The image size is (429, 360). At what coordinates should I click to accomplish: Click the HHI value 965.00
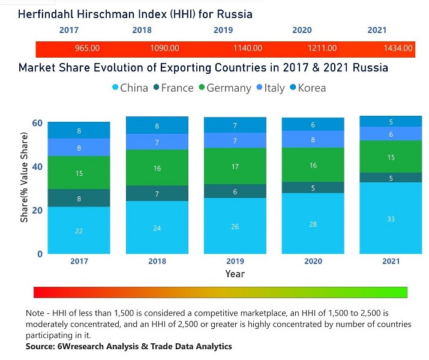click(x=87, y=49)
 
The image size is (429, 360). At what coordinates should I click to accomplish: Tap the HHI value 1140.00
click(x=248, y=49)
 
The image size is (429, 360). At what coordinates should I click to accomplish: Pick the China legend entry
click(x=130, y=88)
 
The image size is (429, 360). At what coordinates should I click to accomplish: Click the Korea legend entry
click(x=307, y=88)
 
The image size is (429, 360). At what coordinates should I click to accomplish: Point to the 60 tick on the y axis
click(x=37, y=123)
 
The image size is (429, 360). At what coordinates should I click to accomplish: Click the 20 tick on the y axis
click(x=37, y=210)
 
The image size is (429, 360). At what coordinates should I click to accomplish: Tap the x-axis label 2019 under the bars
click(x=235, y=262)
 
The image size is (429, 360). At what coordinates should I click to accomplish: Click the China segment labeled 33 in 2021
click(x=391, y=219)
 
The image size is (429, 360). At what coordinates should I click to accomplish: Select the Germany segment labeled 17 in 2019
click(x=235, y=166)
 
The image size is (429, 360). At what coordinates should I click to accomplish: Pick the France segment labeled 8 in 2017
click(x=79, y=199)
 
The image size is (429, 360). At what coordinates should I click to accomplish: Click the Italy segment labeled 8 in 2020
click(x=313, y=139)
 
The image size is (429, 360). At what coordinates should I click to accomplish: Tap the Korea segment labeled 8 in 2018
click(x=157, y=126)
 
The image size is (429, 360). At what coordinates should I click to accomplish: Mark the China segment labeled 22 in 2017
click(x=79, y=230)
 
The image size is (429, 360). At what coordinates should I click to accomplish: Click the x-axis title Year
click(x=235, y=274)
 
